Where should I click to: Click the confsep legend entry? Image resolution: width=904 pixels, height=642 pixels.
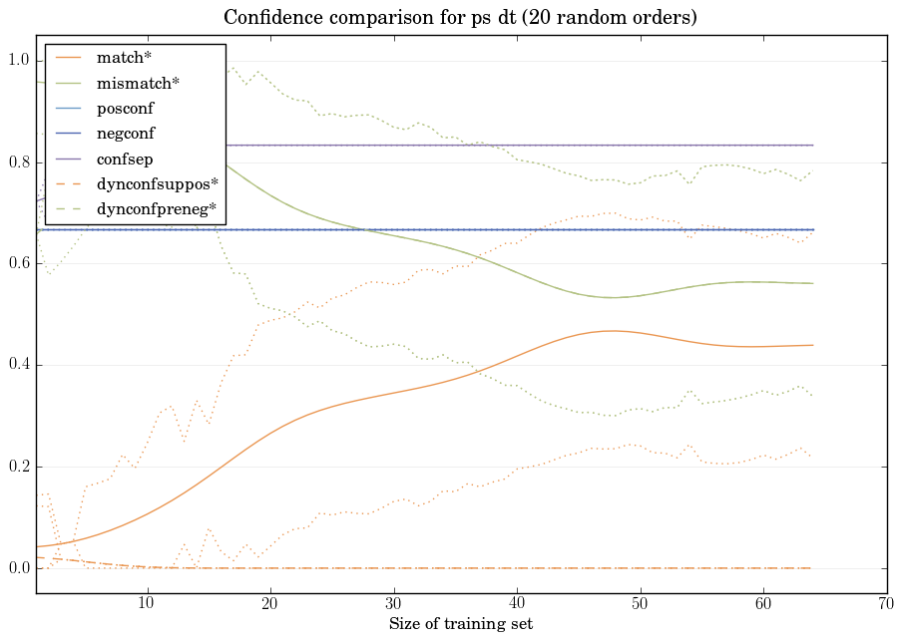tap(125, 159)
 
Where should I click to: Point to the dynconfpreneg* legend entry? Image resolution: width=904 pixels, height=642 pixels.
tap(156, 209)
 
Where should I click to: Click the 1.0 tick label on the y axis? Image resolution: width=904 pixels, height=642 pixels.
tap(19, 61)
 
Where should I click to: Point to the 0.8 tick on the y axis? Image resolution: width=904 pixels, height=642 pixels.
tap(19, 162)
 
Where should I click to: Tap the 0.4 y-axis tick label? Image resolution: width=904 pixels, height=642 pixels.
tap(19, 365)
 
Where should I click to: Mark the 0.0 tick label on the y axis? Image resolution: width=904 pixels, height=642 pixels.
tap(19, 568)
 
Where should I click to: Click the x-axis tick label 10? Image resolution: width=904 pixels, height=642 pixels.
tap(147, 603)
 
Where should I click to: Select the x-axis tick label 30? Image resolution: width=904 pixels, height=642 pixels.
tap(393, 603)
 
